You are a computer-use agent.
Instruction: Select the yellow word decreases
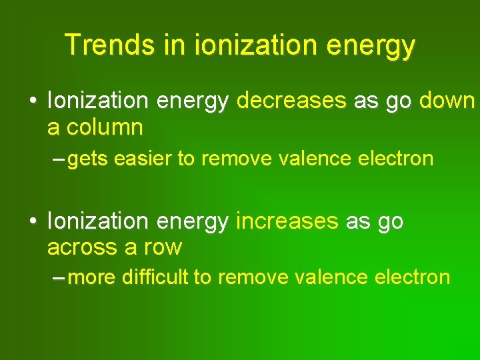tap(291, 101)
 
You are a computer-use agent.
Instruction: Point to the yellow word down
tap(446, 101)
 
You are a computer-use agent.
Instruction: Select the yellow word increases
tap(287, 221)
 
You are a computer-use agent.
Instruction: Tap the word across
tap(84, 247)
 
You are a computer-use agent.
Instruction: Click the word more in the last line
tap(92, 277)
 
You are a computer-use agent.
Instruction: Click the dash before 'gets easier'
tap(58, 159)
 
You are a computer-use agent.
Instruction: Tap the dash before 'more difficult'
tap(58, 277)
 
